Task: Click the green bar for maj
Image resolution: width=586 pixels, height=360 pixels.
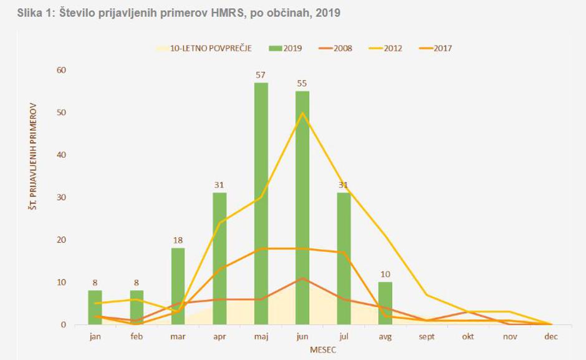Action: [x=261, y=203]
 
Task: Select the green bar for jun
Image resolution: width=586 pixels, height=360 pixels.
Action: [x=302, y=208]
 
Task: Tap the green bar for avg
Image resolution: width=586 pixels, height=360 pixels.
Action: [x=385, y=303]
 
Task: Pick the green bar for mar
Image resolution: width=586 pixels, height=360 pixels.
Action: [x=178, y=286]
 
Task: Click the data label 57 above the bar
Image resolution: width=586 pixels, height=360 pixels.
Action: [x=261, y=75]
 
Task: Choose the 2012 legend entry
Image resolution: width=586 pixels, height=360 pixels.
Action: [x=393, y=48]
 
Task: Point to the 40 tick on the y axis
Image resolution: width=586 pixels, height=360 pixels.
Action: [x=62, y=155]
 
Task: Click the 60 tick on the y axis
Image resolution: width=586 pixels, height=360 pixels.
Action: [x=62, y=70]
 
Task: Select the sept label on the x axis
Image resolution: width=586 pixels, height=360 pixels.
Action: [x=427, y=336]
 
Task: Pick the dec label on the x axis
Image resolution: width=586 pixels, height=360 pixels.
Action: [x=551, y=336]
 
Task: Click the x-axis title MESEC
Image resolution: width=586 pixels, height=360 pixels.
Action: [x=323, y=350]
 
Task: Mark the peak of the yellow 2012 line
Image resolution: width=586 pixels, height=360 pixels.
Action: [x=302, y=113]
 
